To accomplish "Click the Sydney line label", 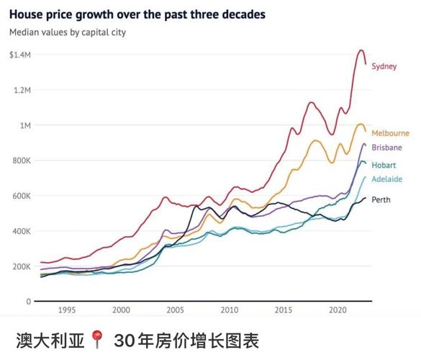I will coord(384,66).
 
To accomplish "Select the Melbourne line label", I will coord(390,133).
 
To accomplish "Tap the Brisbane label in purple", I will coord(386,148).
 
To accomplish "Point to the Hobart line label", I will coord(384,165).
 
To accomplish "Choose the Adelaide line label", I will coord(386,179).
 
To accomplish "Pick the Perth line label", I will coord(381,200).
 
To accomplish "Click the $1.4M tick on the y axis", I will coord(20,55).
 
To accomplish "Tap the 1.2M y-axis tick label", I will coord(22,90).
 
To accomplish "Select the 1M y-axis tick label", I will coord(25,125).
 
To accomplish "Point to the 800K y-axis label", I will coord(22,161).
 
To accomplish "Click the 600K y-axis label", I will coord(22,196).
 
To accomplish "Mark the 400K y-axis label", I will coord(22,231).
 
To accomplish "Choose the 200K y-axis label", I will coord(22,266).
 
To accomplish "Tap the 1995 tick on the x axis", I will coord(66,310).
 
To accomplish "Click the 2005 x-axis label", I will coord(175,310).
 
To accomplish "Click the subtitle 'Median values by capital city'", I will coord(67,32).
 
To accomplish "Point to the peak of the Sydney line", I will coord(361,50).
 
